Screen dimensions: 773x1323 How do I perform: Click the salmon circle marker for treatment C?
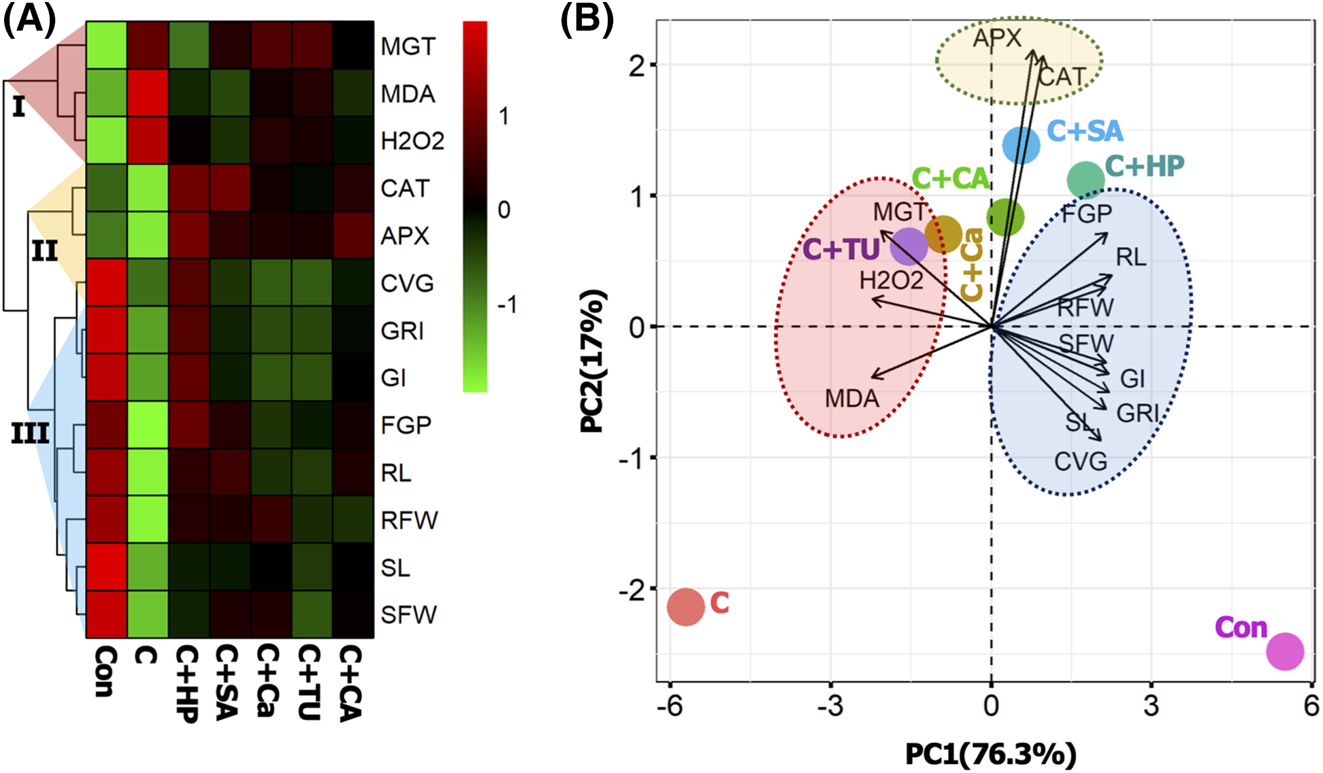[x=685, y=607]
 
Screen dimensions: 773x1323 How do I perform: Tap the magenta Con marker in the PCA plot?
[x=1285, y=651]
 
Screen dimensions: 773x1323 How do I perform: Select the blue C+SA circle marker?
[x=1022, y=145]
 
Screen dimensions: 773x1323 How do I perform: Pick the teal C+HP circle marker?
[x=1085, y=180]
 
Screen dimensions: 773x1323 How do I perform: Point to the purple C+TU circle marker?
[x=909, y=246]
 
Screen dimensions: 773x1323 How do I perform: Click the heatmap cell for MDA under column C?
[x=148, y=93]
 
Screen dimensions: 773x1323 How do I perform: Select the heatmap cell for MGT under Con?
[x=106, y=45]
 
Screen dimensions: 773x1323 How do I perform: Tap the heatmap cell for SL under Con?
[x=106, y=567]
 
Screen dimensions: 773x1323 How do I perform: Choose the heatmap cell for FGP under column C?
[x=148, y=425]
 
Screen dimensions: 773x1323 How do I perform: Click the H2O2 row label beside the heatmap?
[x=412, y=141]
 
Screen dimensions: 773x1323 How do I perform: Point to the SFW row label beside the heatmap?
[x=408, y=614]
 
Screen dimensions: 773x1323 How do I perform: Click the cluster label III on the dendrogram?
[x=30, y=433]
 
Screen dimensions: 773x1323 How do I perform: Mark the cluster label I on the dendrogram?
[x=18, y=107]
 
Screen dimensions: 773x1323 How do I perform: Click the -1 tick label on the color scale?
[x=507, y=304]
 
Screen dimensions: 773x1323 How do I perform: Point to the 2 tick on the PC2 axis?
[x=637, y=65]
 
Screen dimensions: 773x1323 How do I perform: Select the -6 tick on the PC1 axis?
[x=670, y=706]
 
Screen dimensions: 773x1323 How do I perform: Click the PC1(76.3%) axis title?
[x=990, y=754]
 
